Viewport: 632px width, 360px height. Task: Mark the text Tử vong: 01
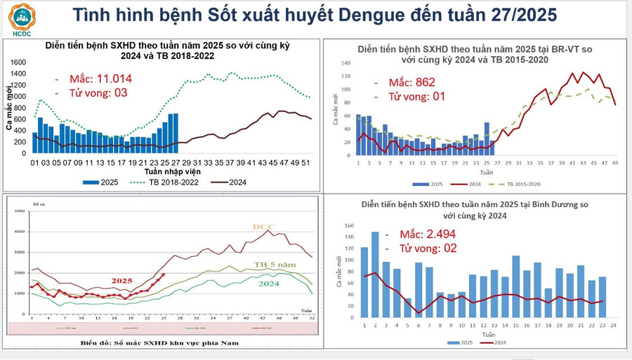409,97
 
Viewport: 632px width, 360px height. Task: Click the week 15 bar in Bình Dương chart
516,287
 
